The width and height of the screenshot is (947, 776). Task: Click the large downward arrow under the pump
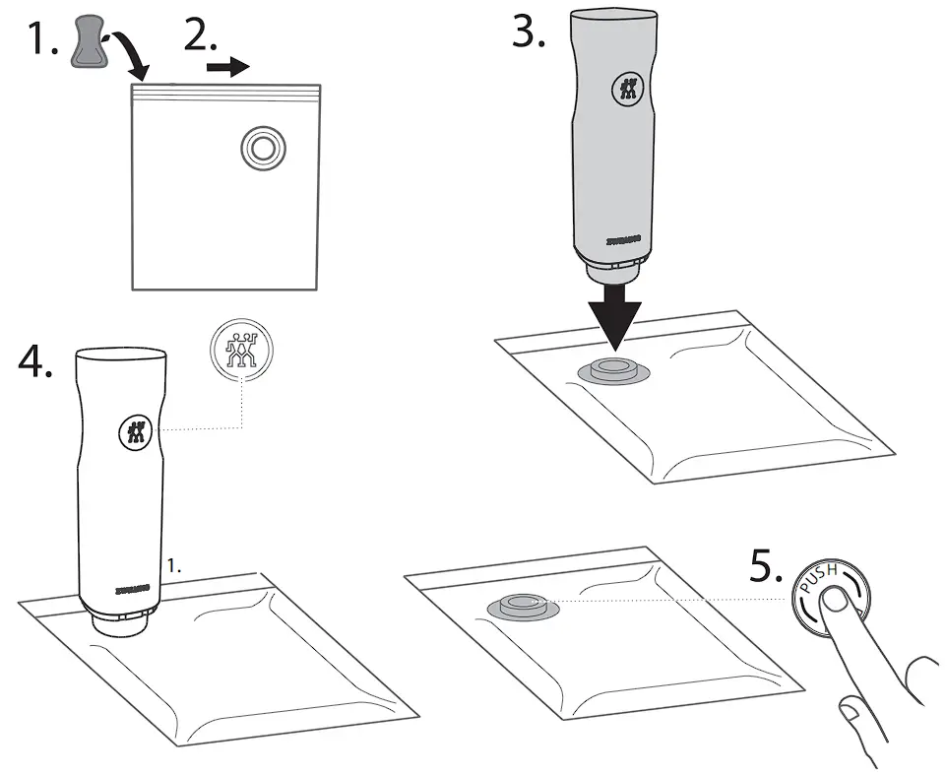point(613,314)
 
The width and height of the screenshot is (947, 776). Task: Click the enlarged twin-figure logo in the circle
point(241,352)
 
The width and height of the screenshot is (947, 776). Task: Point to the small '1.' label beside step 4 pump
point(175,568)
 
